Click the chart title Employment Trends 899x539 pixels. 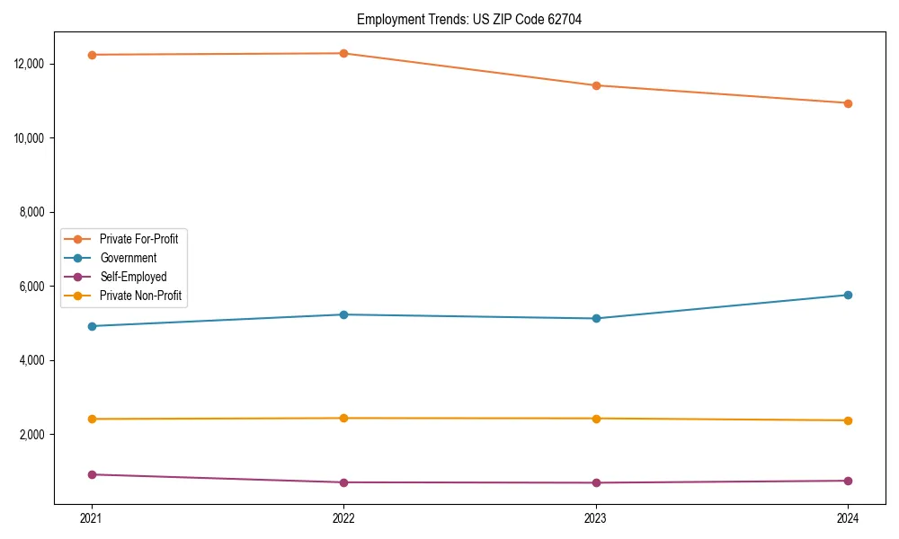(469, 20)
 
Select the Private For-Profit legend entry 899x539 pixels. (138, 239)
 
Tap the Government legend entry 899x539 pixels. (128, 258)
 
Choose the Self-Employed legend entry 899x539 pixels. (133, 277)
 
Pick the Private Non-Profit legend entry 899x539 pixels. (140, 296)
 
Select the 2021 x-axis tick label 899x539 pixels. (92, 517)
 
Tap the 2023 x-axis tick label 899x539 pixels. (596, 517)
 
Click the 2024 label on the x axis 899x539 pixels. (848, 517)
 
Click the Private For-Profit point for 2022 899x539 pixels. (343, 53)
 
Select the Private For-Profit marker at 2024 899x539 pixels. (848, 103)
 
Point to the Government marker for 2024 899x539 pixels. (848, 295)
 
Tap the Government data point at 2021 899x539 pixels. (92, 326)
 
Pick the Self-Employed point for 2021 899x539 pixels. (92, 474)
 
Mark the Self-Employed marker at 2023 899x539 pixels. (596, 482)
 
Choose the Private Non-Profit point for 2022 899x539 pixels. (343, 418)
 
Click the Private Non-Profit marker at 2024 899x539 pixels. (848, 420)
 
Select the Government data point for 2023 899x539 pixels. (596, 318)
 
